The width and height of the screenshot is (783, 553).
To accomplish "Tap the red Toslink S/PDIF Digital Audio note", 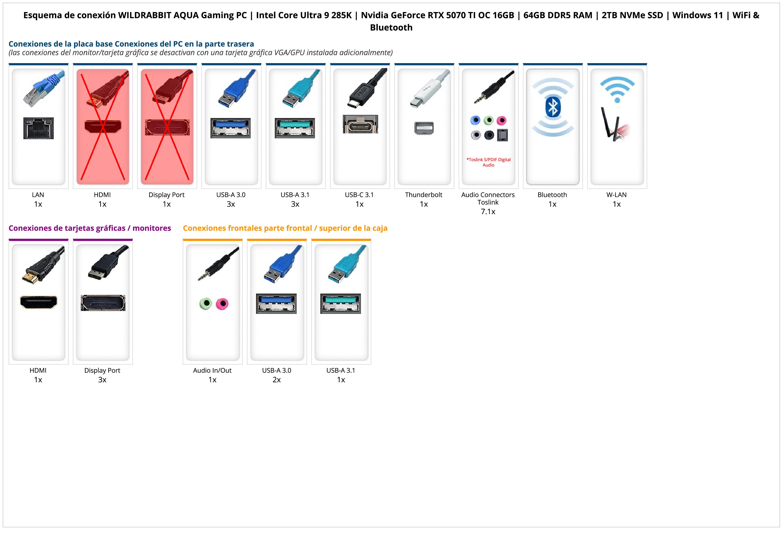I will tap(488, 162).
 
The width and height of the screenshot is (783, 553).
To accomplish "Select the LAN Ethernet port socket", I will tap(39, 128).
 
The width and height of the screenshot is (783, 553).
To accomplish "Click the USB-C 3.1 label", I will tap(359, 195).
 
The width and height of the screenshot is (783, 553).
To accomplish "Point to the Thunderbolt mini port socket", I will tap(424, 128).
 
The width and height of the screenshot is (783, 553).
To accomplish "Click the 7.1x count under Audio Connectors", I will tap(488, 212).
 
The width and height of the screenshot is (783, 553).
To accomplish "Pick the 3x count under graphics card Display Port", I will tap(102, 380).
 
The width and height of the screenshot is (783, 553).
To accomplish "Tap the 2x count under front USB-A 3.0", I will tap(277, 380).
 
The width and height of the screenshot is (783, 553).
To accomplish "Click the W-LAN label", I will tap(616, 195).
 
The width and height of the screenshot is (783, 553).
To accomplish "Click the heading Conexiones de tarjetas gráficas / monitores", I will tap(90, 228).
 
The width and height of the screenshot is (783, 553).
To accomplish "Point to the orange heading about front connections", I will tap(285, 228).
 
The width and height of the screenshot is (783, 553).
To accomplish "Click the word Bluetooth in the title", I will tap(391, 28).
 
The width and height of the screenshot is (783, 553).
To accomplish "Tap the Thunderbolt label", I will tap(424, 195).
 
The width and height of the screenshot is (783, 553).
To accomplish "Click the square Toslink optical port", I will tap(503, 135).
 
